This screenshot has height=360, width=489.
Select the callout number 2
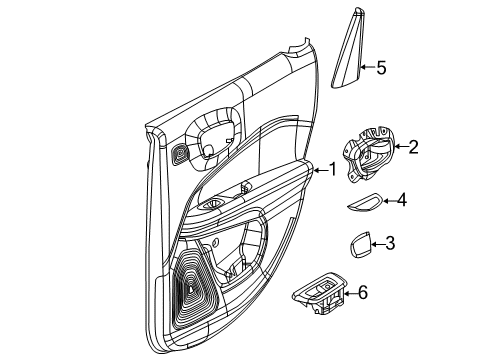click(413, 148)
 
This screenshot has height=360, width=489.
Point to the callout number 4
click(401, 200)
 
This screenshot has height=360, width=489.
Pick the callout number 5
click(380, 68)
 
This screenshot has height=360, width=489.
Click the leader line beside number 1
click(319, 169)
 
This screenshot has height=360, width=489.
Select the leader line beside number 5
click(366, 68)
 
